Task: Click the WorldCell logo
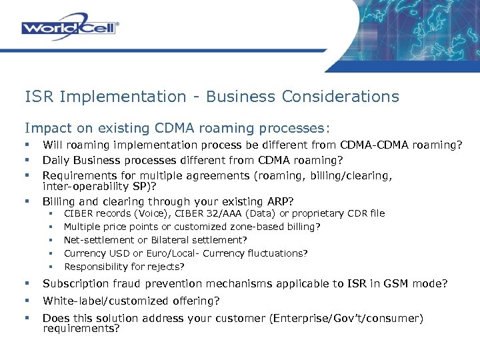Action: coord(69,27)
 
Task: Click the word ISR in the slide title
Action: coord(39,97)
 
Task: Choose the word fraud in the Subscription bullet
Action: coord(121,284)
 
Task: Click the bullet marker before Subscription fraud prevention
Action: coord(27,284)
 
